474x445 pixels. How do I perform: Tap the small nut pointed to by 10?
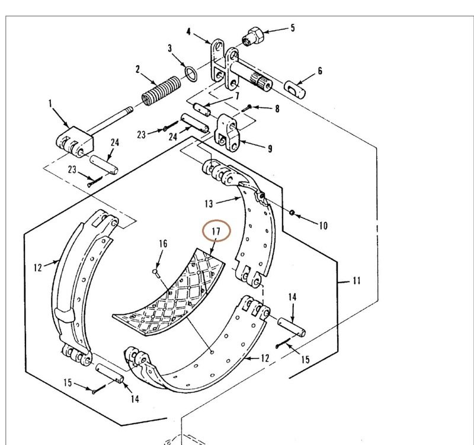(293, 212)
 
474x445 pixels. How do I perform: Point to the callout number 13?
(208, 204)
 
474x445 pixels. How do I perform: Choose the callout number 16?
(163, 243)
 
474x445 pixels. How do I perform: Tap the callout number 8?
(276, 109)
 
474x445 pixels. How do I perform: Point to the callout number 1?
(50, 103)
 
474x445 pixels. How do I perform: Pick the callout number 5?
(292, 27)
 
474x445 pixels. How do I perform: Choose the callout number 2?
(137, 69)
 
